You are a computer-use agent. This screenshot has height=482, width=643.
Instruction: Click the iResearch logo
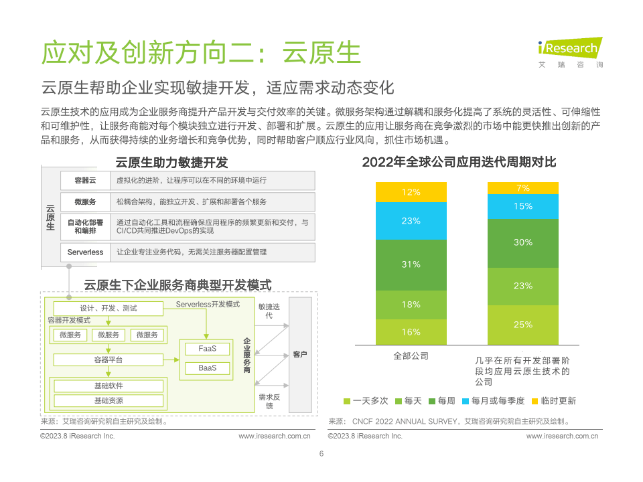point(571,52)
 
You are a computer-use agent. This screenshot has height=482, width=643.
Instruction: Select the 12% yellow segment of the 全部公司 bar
point(411,192)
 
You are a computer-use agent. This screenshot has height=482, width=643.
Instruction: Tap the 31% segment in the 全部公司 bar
point(411,265)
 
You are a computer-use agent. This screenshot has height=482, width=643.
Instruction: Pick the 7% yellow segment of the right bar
point(523,188)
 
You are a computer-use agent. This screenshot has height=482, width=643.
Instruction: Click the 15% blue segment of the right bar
point(523,206)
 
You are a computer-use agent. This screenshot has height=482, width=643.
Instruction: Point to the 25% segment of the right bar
point(523,325)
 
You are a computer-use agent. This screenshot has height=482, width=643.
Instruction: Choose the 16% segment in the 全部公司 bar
point(411,332)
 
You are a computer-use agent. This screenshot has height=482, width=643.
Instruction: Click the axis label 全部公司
point(411,355)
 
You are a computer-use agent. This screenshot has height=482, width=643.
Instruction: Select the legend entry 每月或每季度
point(494,401)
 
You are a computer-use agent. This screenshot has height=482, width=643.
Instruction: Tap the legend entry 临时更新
point(554,401)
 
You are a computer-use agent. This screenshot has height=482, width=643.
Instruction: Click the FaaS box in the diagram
point(207,349)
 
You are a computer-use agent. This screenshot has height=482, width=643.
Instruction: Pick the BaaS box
point(207,368)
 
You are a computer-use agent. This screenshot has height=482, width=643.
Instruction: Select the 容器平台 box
point(109,360)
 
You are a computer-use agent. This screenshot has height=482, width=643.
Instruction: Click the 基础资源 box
point(109,400)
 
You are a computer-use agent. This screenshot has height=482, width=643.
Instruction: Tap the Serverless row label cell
point(85,252)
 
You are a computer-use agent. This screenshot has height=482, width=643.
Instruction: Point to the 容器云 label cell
point(85,180)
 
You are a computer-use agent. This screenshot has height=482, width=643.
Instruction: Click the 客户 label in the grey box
point(300,354)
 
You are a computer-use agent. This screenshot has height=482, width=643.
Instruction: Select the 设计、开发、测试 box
point(109,308)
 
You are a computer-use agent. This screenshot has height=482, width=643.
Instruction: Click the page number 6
point(321,454)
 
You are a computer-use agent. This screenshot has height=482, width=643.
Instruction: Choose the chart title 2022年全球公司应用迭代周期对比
point(459,162)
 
